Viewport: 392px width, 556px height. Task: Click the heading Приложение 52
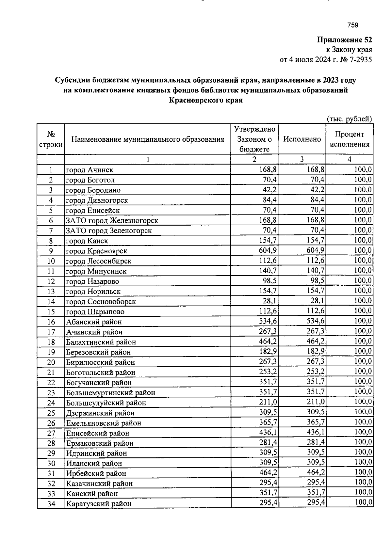[x=344, y=40]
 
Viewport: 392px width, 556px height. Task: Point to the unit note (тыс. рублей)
[x=349, y=119]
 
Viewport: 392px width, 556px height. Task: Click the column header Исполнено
[x=302, y=139]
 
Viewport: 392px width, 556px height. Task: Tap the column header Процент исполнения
[x=349, y=139]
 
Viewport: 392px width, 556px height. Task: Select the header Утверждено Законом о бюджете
[x=254, y=139]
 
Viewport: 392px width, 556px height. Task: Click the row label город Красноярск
[x=97, y=251]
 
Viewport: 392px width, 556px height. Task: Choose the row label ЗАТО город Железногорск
[x=112, y=221]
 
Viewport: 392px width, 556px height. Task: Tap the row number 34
[x=51, y=504]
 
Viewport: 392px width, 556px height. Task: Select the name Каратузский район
[x=99, y=504]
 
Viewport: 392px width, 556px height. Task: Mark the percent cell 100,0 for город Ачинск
[x=363, y=169]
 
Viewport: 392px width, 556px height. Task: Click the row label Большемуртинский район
[x=110, y=393]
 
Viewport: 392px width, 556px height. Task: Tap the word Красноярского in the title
[x=196, y=101]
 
